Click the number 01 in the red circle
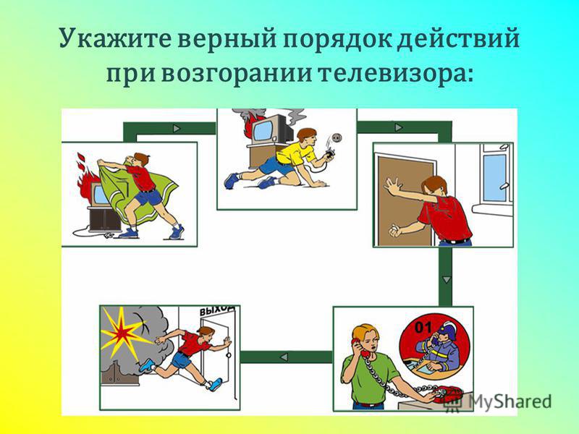(x=423, y=327)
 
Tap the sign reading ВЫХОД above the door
(x=217, y=310)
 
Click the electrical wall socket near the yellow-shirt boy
(x=336, y=138)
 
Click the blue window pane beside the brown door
(x=494, y=178)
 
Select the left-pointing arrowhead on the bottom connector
(x=284, y=357)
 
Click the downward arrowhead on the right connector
(x=447, y=280)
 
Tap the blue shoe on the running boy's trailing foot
(x=147, y=365)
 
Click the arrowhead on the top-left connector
(x=177, y=129)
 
